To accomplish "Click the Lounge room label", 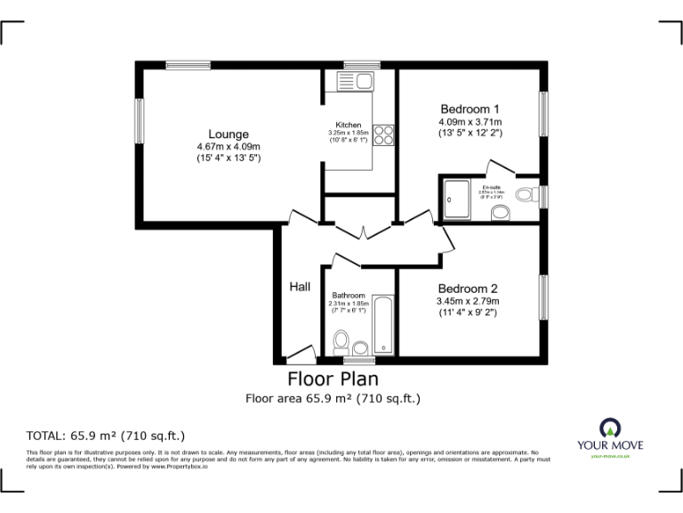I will (229, 134).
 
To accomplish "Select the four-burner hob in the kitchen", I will (384, 135).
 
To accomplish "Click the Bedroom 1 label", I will (469, 109).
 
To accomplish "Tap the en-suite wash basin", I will (500, 213).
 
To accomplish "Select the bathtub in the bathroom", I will (383, 325).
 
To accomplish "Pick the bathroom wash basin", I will (360, 348).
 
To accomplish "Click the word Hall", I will (300, 287).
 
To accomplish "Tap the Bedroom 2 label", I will (467, 289).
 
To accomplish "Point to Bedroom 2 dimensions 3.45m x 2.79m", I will (467, 301).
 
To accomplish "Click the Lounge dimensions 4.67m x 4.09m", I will (229, 147).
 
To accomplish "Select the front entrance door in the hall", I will (301, 352).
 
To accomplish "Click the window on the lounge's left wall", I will (140, 120).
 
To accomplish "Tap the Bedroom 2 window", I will (542, 297).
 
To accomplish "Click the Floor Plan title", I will (333, 379).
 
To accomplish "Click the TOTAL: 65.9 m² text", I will (106, 436).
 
